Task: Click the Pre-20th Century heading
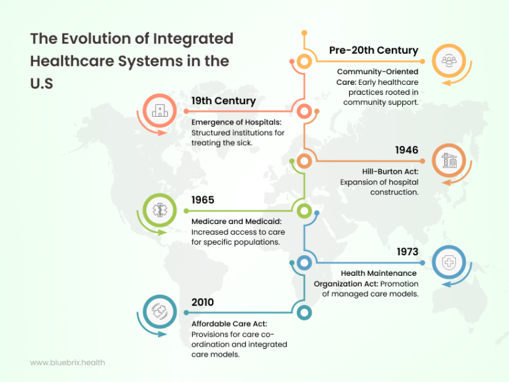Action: coord(374,50)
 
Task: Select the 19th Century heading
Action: coord(223,101)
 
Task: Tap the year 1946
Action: coord(406,151)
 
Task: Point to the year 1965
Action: coord(203,200)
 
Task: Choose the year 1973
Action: coord(407,252)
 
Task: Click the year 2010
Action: coord(203,302)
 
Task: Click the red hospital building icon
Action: coord(160,111)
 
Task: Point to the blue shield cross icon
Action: coord(453,263)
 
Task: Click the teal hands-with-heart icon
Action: coord(160,313)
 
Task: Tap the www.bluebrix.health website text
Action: coord(68,363)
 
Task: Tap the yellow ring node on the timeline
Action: coord(304,62)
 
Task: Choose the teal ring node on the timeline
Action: coord(304,312)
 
